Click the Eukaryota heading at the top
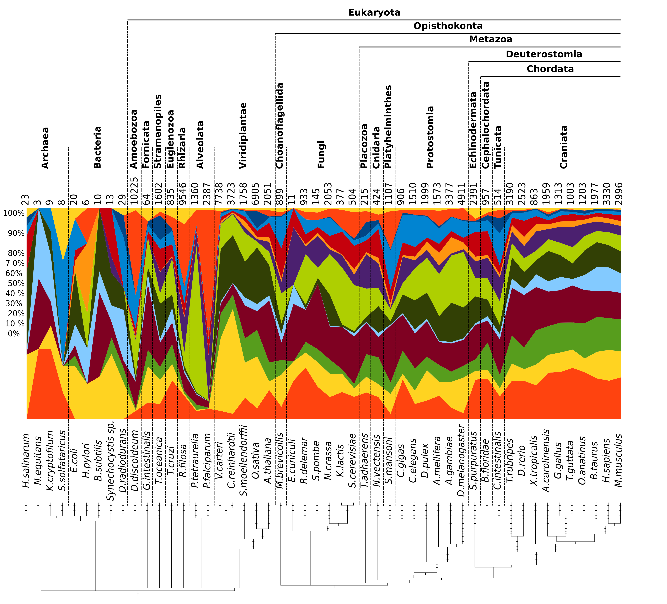374,13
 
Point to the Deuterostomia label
544,54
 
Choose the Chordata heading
550,69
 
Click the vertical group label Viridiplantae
243,136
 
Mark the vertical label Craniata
564,147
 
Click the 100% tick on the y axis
14,213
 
